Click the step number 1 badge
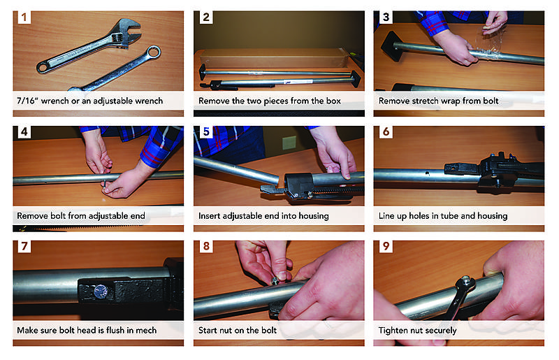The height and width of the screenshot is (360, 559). pos(24,17)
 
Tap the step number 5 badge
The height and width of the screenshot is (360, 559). pos(206,131)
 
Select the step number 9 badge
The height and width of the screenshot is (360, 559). pos(386,246)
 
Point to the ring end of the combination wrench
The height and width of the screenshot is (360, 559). pos(153,53)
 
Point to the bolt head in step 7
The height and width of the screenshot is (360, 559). pos(101,291)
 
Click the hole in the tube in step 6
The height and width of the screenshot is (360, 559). pos(427,173)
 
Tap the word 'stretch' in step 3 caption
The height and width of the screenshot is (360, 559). pos(426,101)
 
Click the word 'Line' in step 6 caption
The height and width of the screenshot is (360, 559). pos(386,216)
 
